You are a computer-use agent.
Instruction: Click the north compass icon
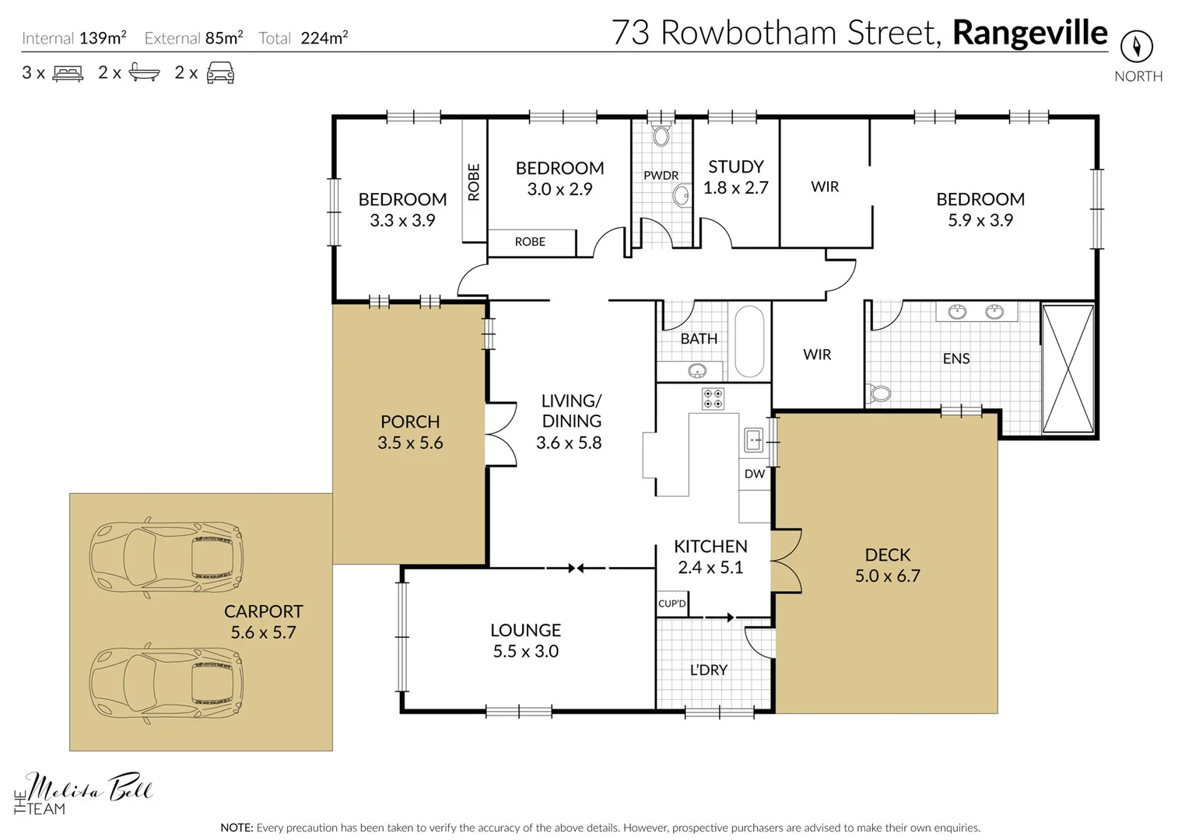pos(1136,47)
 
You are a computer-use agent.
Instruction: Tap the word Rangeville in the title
pos(1029,33)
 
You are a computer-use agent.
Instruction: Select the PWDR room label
pos(661,176)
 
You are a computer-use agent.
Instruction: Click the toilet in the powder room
pos(661,136)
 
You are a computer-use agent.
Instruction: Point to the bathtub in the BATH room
pos(749,341)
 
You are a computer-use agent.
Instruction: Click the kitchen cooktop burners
pos(713,399)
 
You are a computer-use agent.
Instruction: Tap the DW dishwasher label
pos(754,474)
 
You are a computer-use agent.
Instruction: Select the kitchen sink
pos(753,440)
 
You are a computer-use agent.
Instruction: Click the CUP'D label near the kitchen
pos(672,604)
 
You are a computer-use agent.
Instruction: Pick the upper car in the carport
pos(166,557)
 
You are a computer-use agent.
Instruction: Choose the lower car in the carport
pos(166,684)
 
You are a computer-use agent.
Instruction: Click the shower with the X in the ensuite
pos(1068,369)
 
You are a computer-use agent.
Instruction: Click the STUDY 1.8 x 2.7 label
pos(735,177)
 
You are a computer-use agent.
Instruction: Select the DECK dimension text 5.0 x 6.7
pos(887,576)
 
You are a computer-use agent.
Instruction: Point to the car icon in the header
pos(220,73)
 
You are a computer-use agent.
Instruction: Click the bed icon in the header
pos(68,74)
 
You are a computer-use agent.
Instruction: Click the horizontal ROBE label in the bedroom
pos(530,242)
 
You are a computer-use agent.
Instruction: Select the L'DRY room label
pos(708,670)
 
